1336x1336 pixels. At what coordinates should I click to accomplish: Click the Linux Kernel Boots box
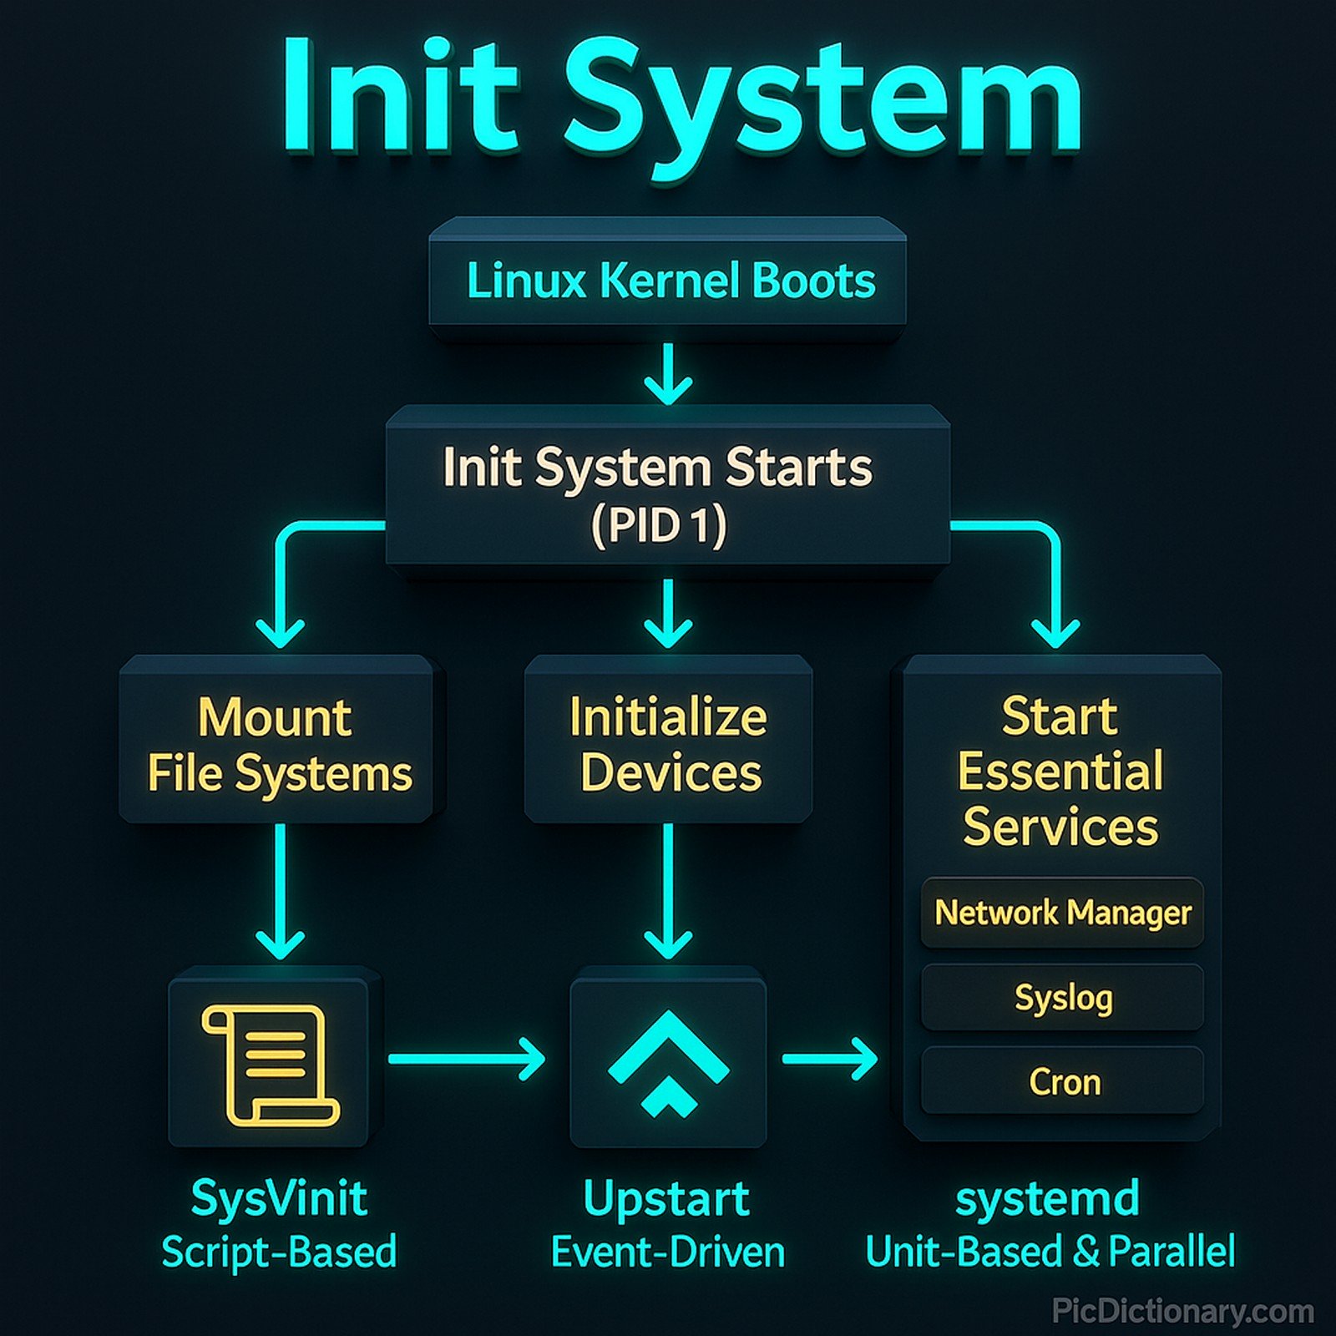pyautogui.click(x=668, y=281)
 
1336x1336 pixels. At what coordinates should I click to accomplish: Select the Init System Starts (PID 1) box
pyautogui.click(x=668, y=493)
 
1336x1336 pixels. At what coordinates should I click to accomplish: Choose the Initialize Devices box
pyautogui.click(x=668, y=743)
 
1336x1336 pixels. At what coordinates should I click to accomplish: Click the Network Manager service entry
pyautogui.click(x=1062, y=913)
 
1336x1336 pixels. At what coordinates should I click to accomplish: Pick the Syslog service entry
pyautogui.click(x=1062, y=998)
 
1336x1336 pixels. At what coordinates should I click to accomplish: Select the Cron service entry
pyautogui.click(x=1062, y=1082)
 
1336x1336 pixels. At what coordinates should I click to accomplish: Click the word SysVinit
pyautogui.click(x=279, y=1199)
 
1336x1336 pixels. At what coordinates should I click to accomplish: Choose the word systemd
pyautogui.click(x=1047, y=1199)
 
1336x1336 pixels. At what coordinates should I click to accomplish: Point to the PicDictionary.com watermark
pyautogui.click(x=1182, y=1311)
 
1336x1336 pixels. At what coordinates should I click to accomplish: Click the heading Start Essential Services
pyautogui.click(x=1060, y=772)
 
